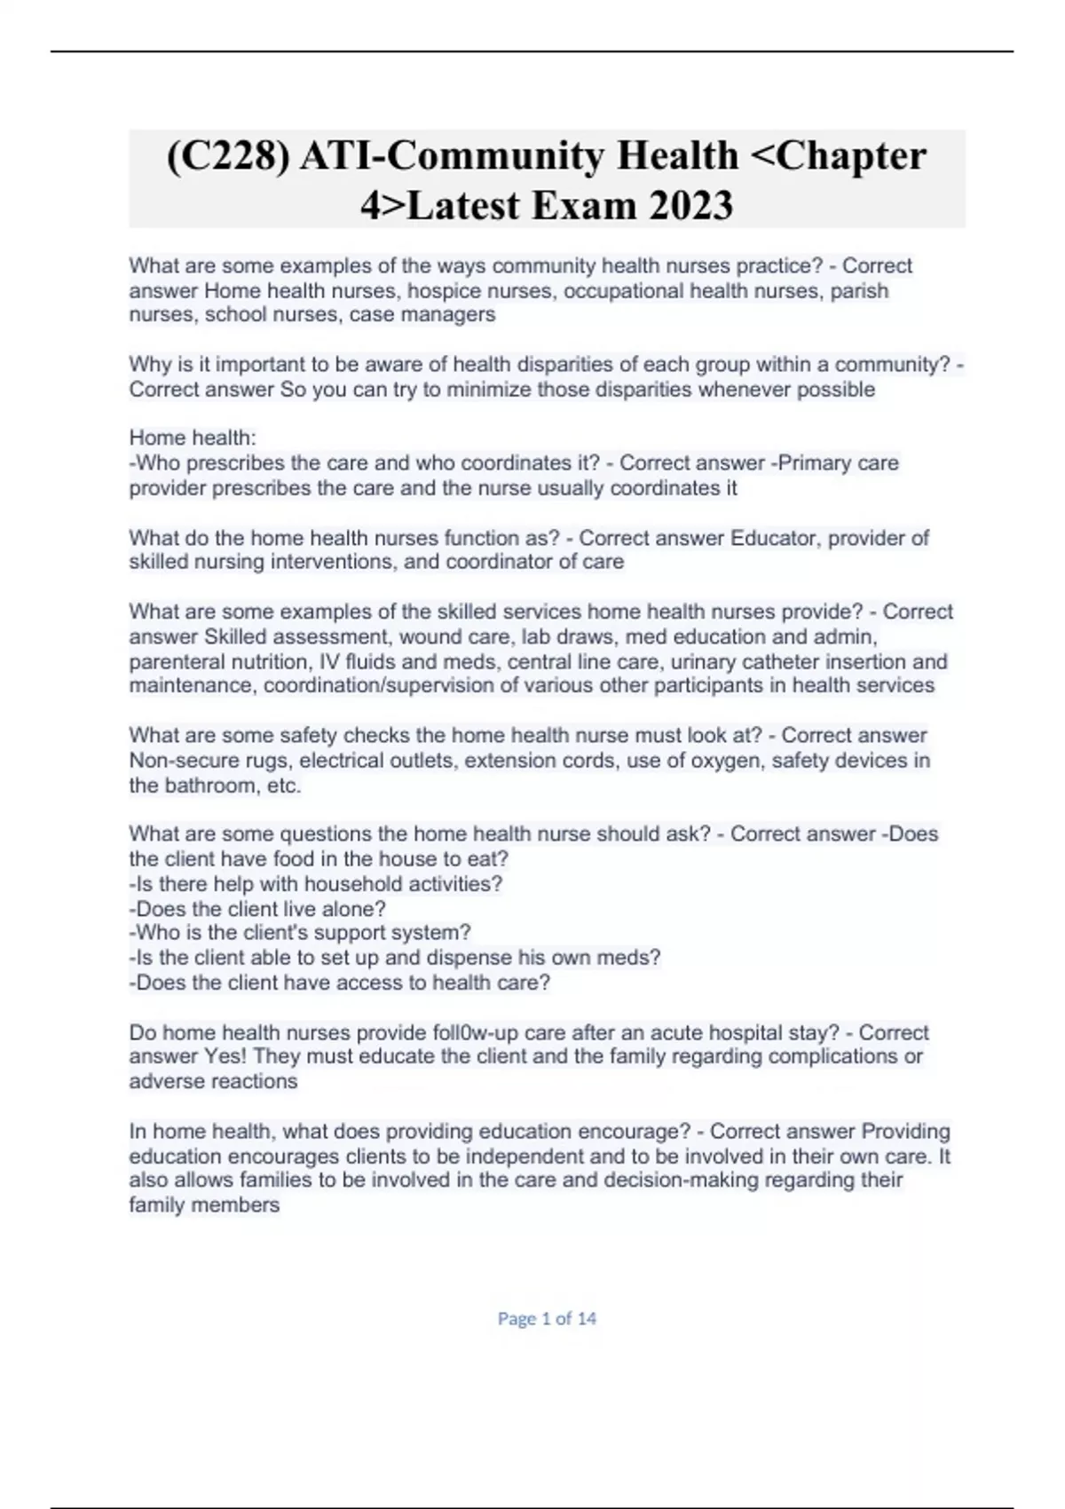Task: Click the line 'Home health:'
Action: click(193, 438)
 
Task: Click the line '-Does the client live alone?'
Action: click(257, 909)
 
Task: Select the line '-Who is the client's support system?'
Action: click(300, 933)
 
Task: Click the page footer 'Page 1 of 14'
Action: click(547, 1319)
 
